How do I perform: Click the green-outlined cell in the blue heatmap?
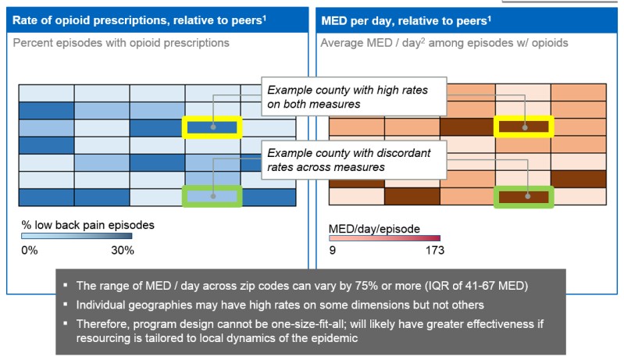pyautogui.click(x=212, y=197)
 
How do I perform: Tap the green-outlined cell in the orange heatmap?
pyautogui.click(x=523, y=197)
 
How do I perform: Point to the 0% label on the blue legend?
pyautogui.click(x=29, y=251)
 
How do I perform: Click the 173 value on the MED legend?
pyautogui.click(x=434, y=251)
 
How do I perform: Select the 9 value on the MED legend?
pyautogui.click(x=333, y=251)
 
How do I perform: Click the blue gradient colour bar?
pyautogui.click(x=77, y=237)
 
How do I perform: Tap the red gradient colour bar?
pyautogui.click(x=384, y=238)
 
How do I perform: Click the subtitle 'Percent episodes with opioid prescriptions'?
pyautogui.click(x=121, y=42)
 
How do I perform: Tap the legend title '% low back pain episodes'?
pyautogui.click(x=87, y=225)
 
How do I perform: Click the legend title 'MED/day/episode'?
pyautogui.click(x=375, y=228)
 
